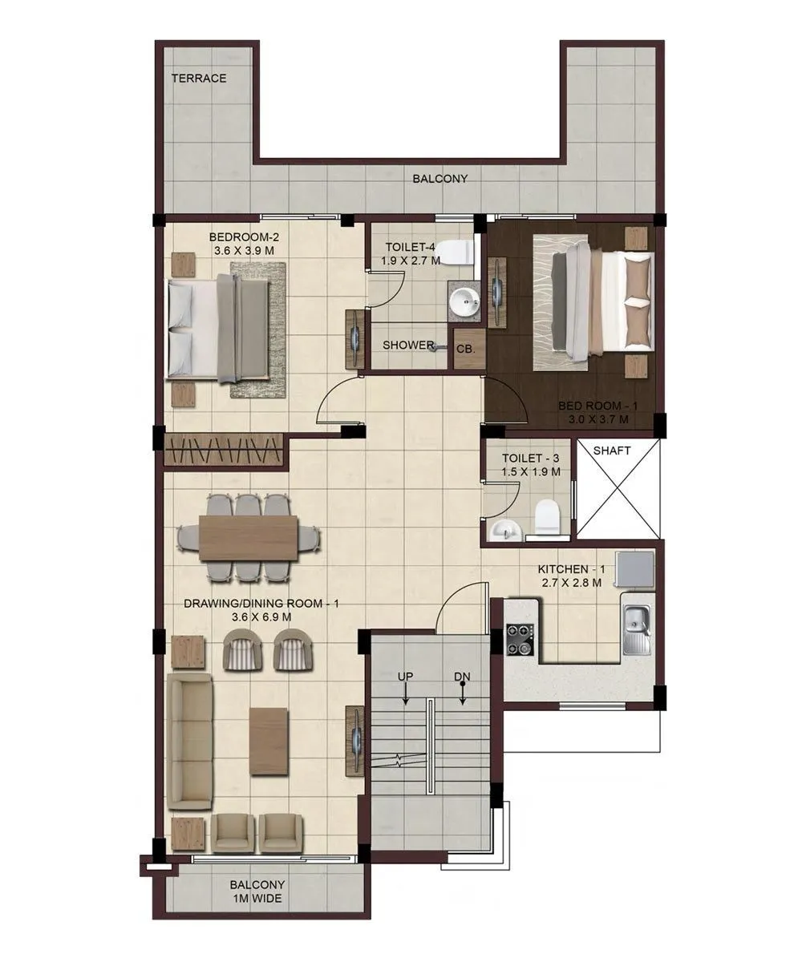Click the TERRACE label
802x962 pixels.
[199, 79]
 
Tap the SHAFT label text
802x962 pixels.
[612, 451]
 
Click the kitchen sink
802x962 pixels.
[637, 619]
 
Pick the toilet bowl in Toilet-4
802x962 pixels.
[457, 252]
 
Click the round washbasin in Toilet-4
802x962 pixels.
[464, 302]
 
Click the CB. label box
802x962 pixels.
[466, 350]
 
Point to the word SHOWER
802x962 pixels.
[408, 346]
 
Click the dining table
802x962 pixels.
[249, 537]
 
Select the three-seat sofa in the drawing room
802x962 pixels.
[189, 742]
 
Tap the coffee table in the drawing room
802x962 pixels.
[269, 740]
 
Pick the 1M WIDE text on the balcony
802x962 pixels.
[257, 899]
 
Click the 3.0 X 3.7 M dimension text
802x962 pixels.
[593, 418]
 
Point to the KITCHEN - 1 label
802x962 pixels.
[571, 570]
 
